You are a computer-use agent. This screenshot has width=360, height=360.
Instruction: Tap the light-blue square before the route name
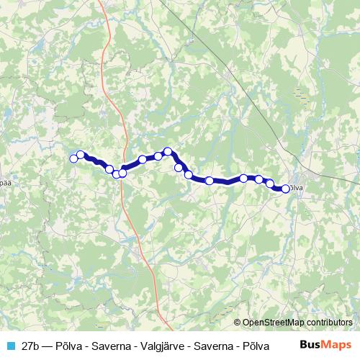9,344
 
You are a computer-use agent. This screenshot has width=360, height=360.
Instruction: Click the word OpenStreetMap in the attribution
274,322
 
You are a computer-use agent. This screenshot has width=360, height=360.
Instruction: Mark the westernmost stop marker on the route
73,158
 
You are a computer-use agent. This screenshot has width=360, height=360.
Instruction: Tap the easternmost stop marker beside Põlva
285,189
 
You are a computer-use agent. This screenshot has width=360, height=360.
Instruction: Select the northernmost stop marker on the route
168,151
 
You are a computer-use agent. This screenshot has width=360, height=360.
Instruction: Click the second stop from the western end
81,155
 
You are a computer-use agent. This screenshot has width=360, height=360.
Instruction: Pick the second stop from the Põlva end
270,184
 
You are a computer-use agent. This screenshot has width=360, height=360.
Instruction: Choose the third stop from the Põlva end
258,179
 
